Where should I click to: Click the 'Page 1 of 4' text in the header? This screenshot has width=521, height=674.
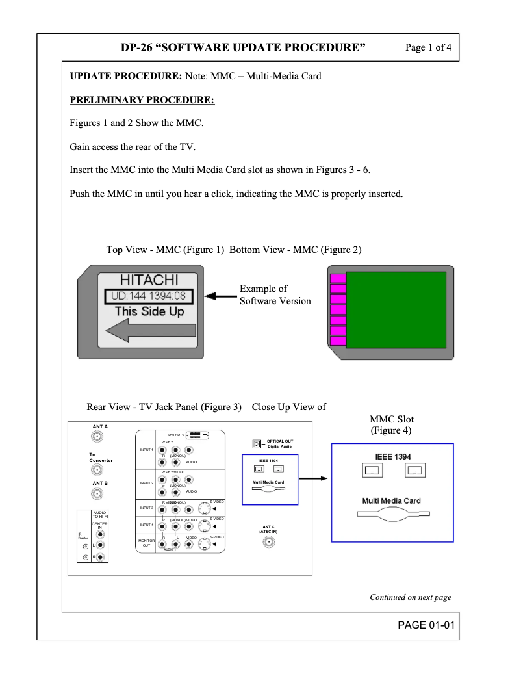pos(428,47)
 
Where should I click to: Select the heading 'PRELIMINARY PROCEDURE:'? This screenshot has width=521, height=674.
pos(142,100)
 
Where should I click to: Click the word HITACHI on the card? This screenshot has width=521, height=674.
pos(149,280)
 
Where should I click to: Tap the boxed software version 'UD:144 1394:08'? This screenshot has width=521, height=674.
pos(149,296)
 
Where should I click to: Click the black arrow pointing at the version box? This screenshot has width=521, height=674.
pos(220,297)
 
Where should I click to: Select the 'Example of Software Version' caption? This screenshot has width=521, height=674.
pos(275,294)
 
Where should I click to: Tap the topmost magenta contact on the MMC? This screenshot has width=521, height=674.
pos(338,279)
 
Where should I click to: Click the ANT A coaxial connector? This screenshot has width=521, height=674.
pos(99,438)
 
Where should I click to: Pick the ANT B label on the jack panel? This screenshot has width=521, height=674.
pos(99,484)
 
